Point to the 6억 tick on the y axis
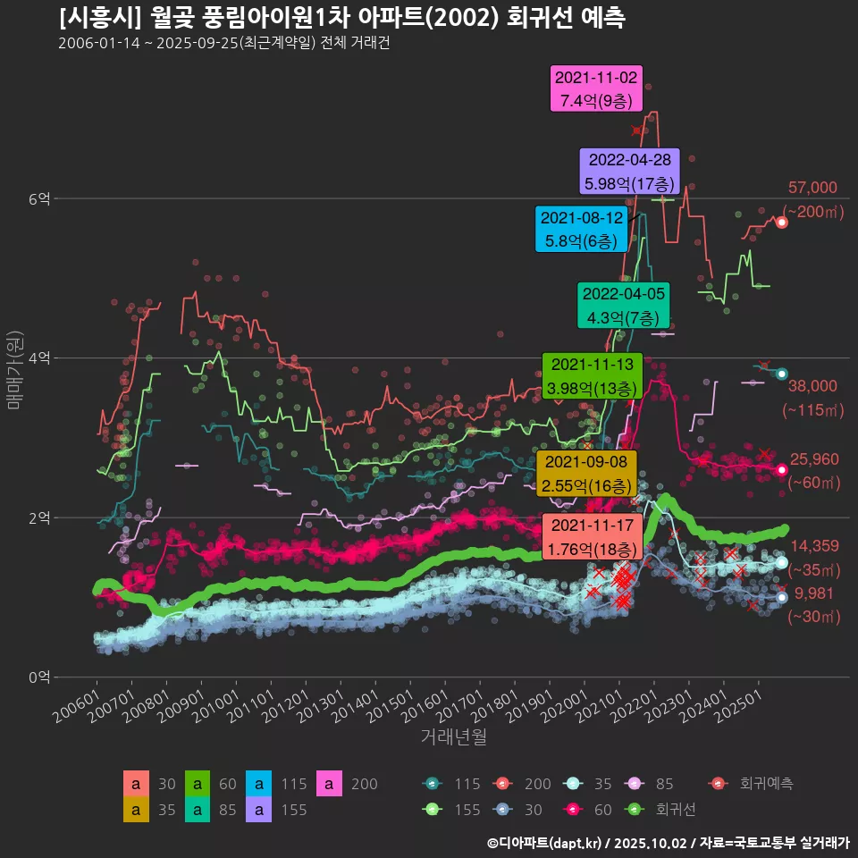[x=37, y=198]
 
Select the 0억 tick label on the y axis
[x=37, y=677]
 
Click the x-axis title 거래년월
[x=453, y=737]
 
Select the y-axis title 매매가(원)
[x=13, y=369]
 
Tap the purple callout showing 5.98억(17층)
[x=630, y=172]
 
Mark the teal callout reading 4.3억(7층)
[x=624, y=306]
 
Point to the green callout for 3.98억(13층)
[x=593, y=376]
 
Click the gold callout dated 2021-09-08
[x=585, y=474]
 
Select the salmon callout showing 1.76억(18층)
[x=593, y=536]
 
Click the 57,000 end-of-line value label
[x=812, y=188]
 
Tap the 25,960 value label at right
[x=814, y=459]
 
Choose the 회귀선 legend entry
[x=661, y=810]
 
